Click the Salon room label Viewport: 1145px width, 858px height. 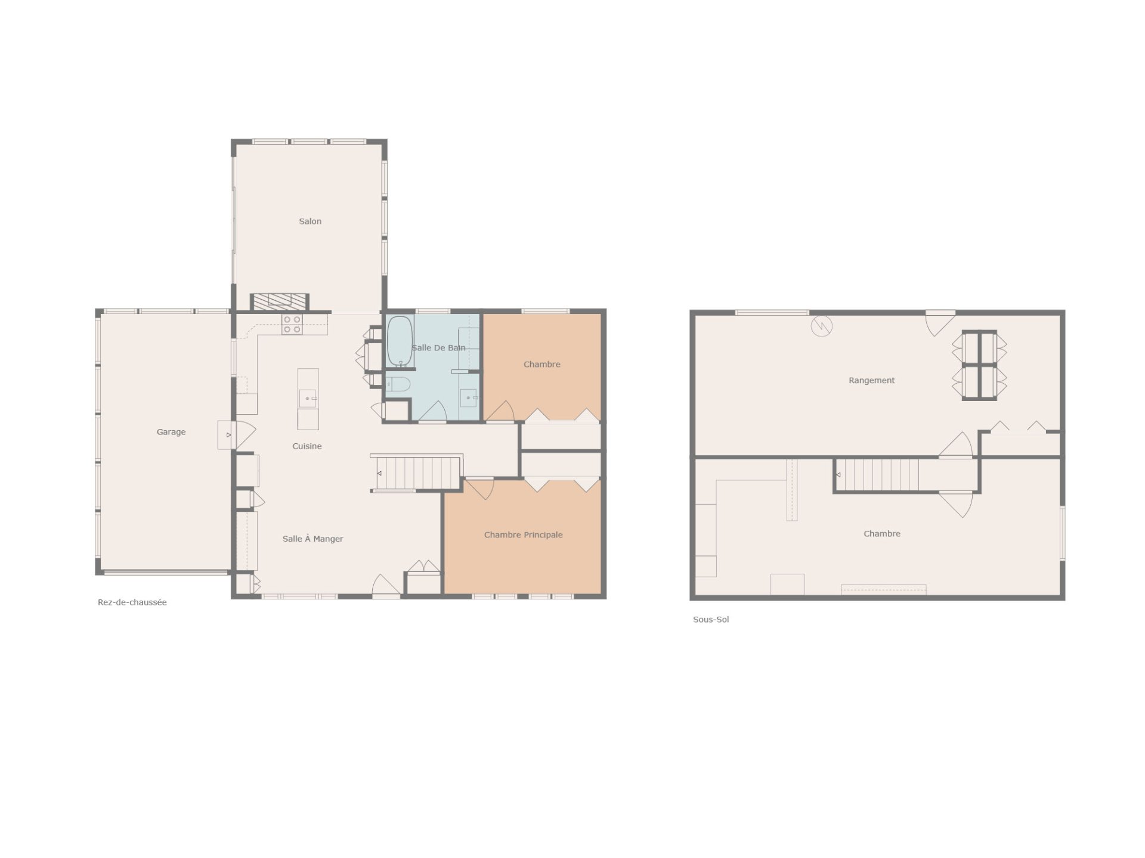tap(310, 222)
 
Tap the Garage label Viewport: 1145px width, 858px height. tap(171, 432)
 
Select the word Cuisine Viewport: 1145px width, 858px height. tap(307, 446)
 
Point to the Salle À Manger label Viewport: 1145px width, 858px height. tap(313, 539)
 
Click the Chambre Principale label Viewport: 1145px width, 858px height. tap(524, 535)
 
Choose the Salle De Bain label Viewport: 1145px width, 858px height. tap(438, 348)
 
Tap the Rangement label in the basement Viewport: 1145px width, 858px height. tap(872, 381)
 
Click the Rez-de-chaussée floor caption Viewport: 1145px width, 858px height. tap(132, 602)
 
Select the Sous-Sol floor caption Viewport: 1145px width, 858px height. tap(711, 620)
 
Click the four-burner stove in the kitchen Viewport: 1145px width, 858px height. tap(292, 324)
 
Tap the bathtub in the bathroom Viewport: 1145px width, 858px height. tap(400, 341)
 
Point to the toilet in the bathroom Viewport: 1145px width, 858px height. tap(398, 384)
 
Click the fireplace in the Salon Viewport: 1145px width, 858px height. tap(280, 302)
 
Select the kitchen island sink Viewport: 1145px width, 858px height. tap(308, 397)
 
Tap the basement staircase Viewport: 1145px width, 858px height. tap(877, 475)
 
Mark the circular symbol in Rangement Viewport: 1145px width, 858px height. tap(821, 326)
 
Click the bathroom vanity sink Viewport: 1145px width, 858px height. tap(469, 397)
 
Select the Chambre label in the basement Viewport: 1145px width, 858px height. tap(882, 534)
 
